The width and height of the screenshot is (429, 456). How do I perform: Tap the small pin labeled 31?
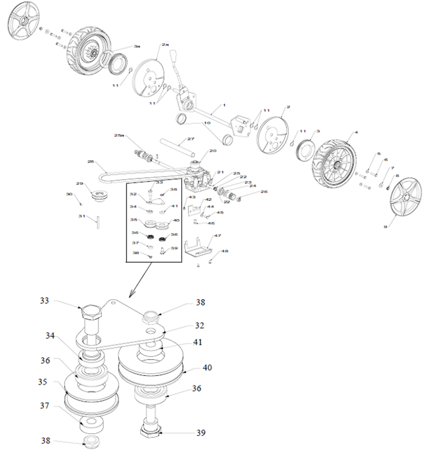click(98, 222)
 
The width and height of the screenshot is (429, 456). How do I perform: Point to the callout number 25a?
click(119, 135)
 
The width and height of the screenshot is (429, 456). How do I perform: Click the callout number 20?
click(213, 151)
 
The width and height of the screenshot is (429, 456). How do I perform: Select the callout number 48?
click(225, 251)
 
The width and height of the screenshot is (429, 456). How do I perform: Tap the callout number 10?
click(207, 123)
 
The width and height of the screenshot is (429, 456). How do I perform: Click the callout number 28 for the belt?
click(91, 162)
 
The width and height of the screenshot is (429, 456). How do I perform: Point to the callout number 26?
click(264, 192)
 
